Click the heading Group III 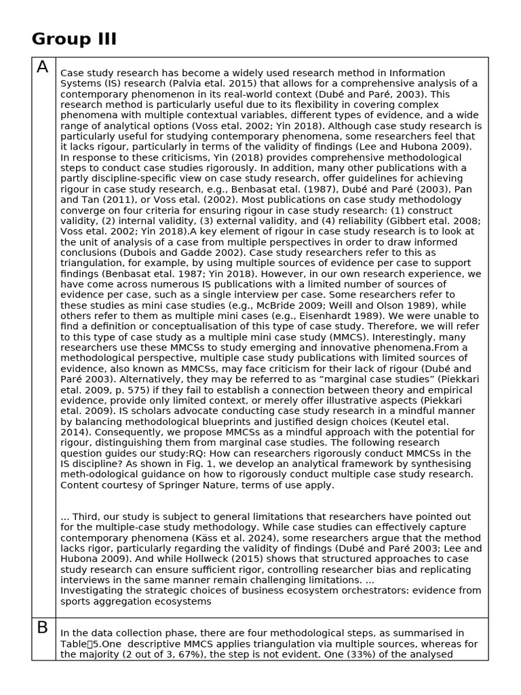[x=74, y=39]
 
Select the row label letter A [x=43, y=67]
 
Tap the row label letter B [x=43, y=628]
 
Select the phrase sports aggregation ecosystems [x=136, y=601]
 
